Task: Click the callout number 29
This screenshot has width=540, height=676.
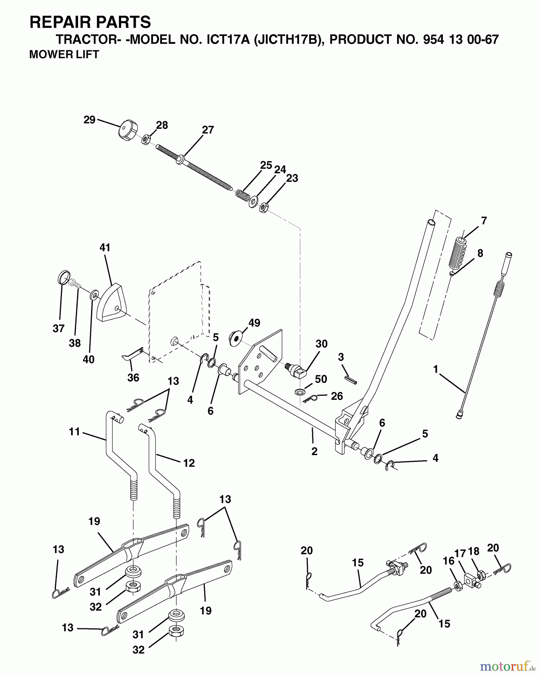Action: pos(89,120)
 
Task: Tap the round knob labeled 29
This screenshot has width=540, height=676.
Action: pos(127,130)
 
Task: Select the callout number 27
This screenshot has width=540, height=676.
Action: pos(208,130)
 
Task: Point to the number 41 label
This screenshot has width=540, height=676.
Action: pos(105,248)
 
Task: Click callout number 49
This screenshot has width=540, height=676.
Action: pos(254,323)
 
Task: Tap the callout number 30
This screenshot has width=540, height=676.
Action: pos(321,344)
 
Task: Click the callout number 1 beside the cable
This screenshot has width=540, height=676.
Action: pos(435,370)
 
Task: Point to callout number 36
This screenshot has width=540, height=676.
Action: pos(133,377)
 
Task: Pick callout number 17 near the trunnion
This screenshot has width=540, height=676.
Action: pos(460,553)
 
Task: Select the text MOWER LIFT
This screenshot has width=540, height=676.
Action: pos(64,54)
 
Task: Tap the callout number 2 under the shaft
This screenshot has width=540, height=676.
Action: pos(314,451)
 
